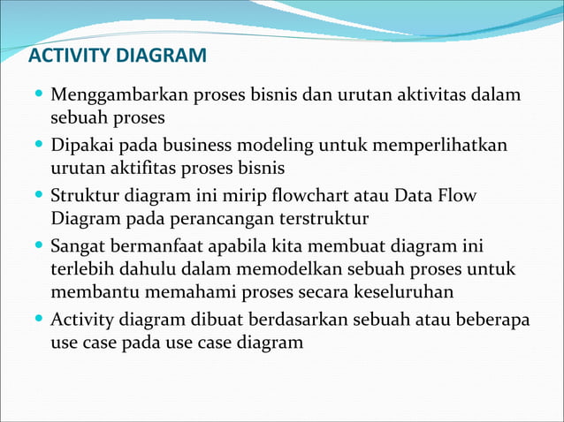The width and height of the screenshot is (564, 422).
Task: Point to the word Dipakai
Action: (x=85, y=145)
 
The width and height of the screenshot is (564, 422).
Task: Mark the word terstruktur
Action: (x=329, y=217)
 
